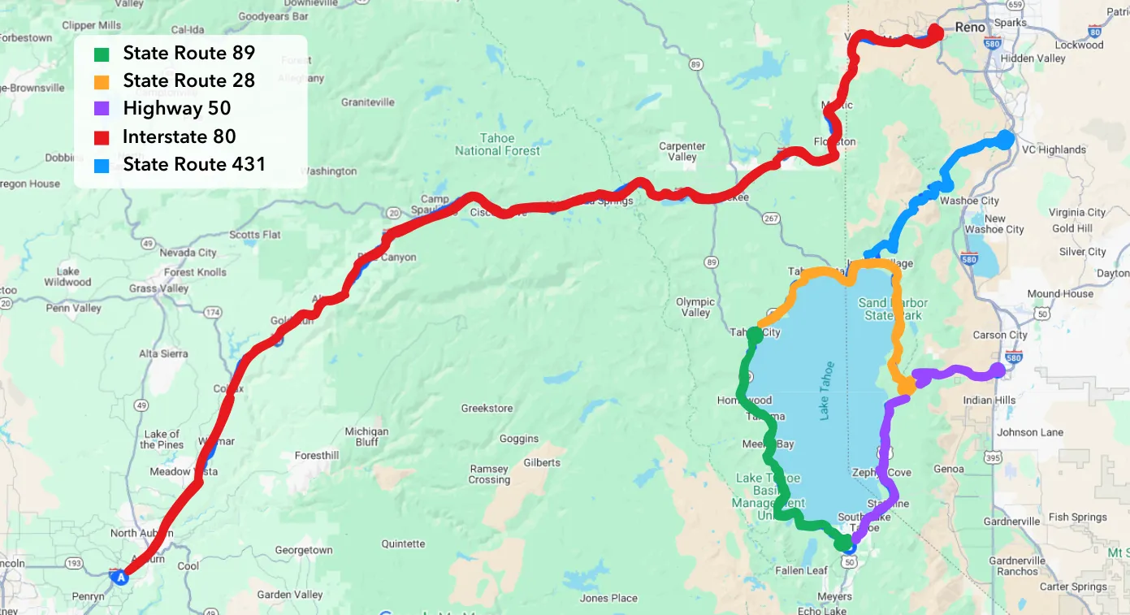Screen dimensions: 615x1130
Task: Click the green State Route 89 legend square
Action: point(102,54)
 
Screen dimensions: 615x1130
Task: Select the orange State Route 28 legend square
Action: point(102,82)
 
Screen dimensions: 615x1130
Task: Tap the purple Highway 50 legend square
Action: point(102,110)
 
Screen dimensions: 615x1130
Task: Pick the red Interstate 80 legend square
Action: point(102,137)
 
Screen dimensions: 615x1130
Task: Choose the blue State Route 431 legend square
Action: point(102,165)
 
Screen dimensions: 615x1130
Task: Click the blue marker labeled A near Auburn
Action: point(121,578)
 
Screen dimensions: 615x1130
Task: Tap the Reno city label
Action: point(970,28)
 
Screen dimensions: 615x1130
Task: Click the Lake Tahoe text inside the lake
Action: point(826,390)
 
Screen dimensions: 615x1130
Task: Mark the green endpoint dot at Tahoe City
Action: point(755,335)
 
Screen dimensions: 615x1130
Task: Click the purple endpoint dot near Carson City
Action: point(998,370)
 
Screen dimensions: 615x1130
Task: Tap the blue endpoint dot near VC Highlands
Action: point(1005,140)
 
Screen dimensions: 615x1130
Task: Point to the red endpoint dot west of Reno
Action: point(935,32)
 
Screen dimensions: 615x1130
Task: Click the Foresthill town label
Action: point(316,456)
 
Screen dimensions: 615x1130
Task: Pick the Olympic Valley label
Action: point(695,307)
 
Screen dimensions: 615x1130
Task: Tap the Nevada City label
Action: point(188,253)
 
